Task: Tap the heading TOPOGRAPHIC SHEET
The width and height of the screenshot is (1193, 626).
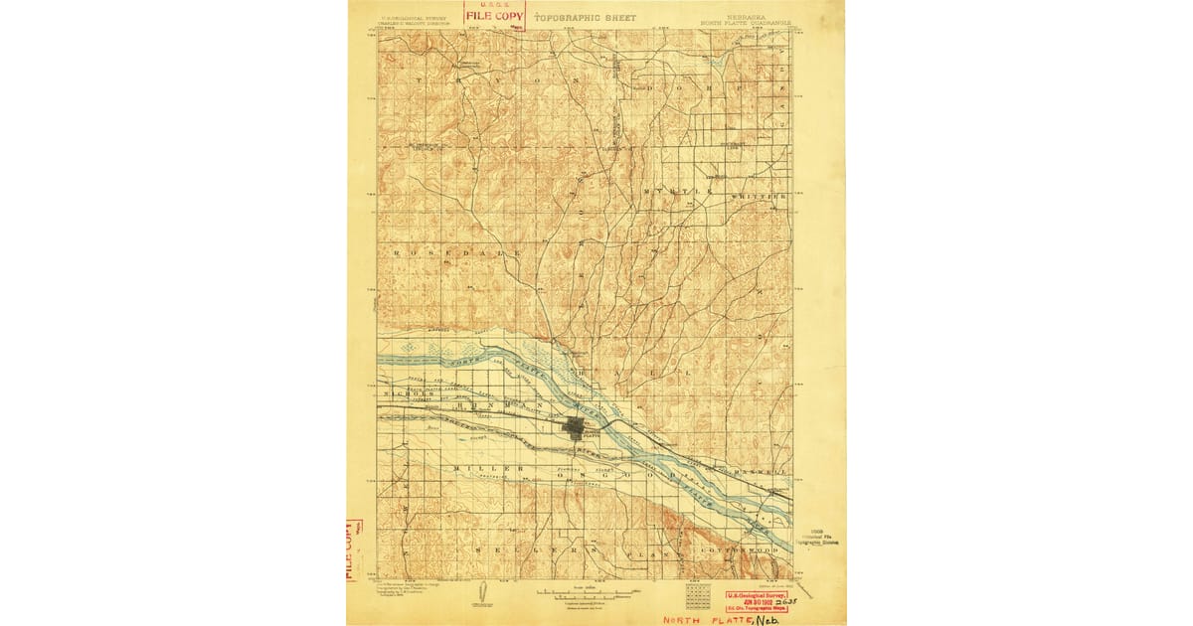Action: tap(585, 18)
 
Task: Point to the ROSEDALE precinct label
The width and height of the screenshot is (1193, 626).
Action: tap(456, 254)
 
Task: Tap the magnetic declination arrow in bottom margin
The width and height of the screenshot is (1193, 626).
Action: tap(481, 589)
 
